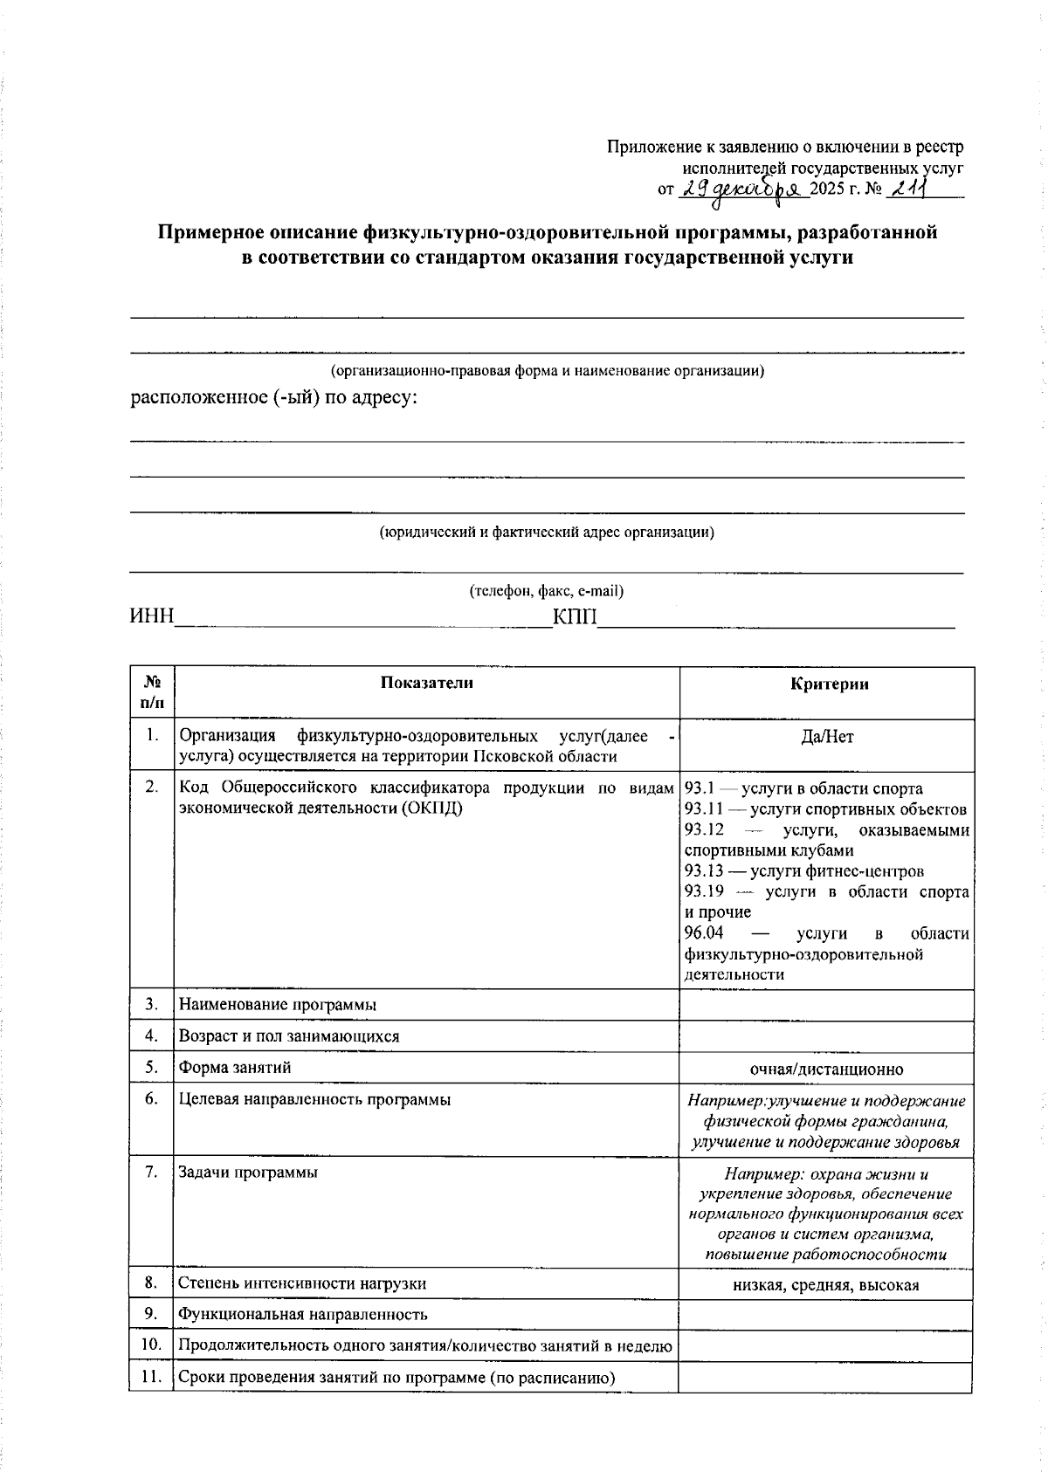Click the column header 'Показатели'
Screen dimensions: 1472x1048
click(x=426, y=684)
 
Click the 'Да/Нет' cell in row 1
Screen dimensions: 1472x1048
click(x=826, y=738)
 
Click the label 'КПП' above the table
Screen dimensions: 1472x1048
click(x=575, y=617)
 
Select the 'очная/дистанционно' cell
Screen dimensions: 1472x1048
click(x=826, y=1070)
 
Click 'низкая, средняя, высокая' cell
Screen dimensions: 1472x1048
click(x=826, y=1285)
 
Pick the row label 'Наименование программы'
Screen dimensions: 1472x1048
click(x=278, y=1005)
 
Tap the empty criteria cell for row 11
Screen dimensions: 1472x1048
click(x=825, y=1378)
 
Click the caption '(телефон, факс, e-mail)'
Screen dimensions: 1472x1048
click(x=547, y=591)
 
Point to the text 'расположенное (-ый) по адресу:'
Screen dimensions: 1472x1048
click(x=274, y=398)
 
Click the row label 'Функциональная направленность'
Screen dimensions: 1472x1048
click(x=303, y=1315)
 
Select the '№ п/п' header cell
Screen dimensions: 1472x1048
click(x=152, y=691)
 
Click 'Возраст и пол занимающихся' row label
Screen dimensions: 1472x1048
click(x=289, y=1036)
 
